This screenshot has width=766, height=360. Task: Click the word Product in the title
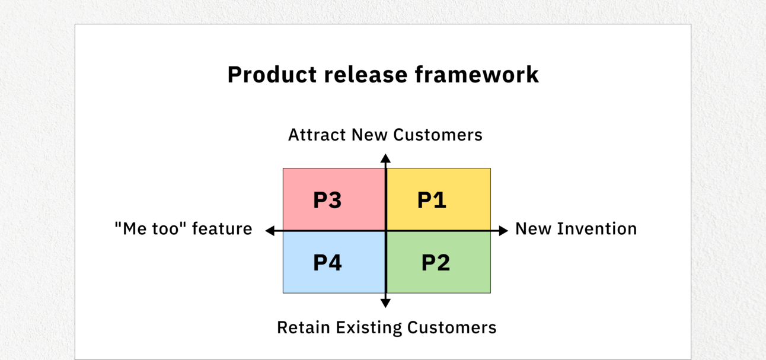(272, 75)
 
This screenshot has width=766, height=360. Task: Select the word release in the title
(366, 75)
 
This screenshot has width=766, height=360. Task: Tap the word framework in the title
(477, 75)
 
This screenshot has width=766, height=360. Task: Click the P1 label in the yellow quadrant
(432, 200)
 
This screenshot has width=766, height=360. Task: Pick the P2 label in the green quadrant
(435, 263)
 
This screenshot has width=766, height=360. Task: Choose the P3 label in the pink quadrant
(327, 200)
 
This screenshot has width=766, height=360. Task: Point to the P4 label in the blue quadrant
(327, 263)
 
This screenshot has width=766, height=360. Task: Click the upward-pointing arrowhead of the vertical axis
(385, 158)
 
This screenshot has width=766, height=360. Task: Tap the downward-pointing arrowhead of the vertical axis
(385, 303)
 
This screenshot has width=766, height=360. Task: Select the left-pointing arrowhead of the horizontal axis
(270, 231)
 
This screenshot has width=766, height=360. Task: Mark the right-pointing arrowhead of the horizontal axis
(503, 231)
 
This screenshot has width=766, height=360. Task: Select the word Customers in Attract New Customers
(438, 135)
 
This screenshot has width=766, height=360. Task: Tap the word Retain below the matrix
(304, 327)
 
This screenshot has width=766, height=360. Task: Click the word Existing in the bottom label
(369, 328)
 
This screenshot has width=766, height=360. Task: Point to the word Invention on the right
(597, 228)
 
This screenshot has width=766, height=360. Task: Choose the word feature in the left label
(222, 228)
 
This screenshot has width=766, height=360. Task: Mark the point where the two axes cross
(386, 231)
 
